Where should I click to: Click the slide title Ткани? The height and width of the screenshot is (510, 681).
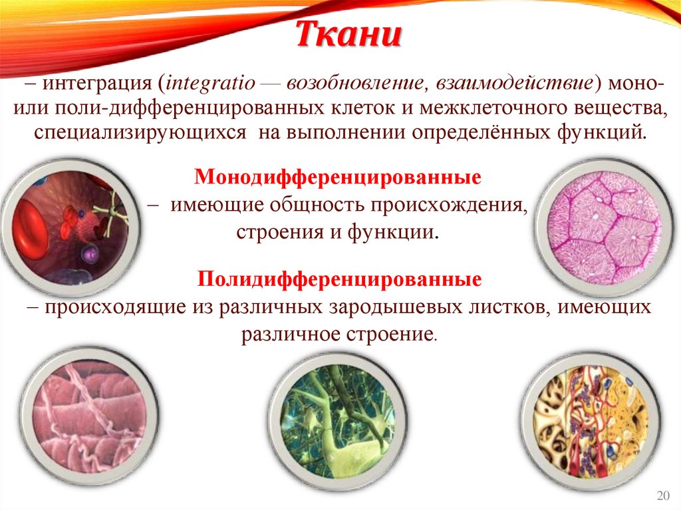[348, 35]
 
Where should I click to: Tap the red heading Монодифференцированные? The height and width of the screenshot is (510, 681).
[338, 178]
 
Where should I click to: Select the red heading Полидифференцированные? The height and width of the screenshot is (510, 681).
[339, 279]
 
